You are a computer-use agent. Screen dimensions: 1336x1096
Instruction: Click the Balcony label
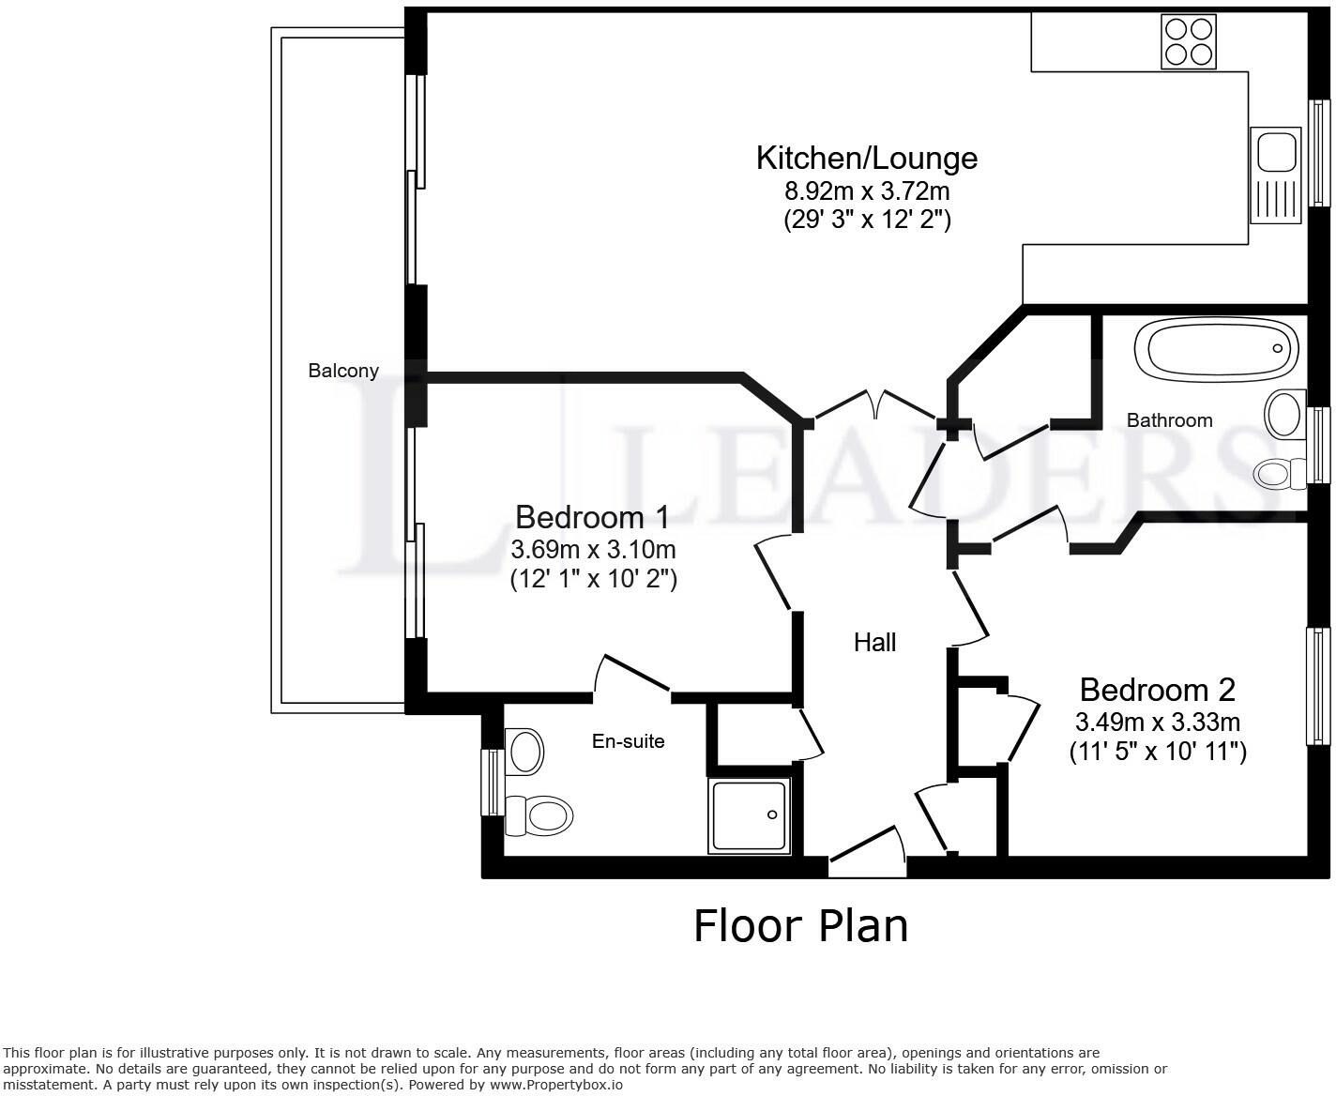[343, 371]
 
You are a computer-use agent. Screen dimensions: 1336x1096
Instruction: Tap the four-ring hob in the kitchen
[1189, 42]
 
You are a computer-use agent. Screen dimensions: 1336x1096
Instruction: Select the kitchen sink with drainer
[1276, 175]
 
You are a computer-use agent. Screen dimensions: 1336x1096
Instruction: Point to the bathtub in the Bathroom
[1216, 350]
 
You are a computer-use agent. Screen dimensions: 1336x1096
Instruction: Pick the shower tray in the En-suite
[750, 815]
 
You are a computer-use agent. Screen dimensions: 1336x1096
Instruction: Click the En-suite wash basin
[524, 752]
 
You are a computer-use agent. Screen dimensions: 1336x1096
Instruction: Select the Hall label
[874, 643]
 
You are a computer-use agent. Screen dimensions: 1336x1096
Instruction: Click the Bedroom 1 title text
[592, 518]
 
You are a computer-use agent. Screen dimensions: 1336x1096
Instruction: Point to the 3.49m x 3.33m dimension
[1158, 722]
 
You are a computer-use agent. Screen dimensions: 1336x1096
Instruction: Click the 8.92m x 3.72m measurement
[867, 190]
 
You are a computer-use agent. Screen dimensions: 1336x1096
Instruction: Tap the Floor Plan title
[801, 926]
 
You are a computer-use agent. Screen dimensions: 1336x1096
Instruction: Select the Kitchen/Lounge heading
[867, 159]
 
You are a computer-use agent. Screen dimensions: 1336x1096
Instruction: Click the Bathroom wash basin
[1284, 415]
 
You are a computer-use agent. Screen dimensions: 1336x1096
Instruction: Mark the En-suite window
[493, 783]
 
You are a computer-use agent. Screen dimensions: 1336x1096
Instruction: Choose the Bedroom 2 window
[1318, 686]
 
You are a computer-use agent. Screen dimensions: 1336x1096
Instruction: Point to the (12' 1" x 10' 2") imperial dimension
[594, 579]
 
